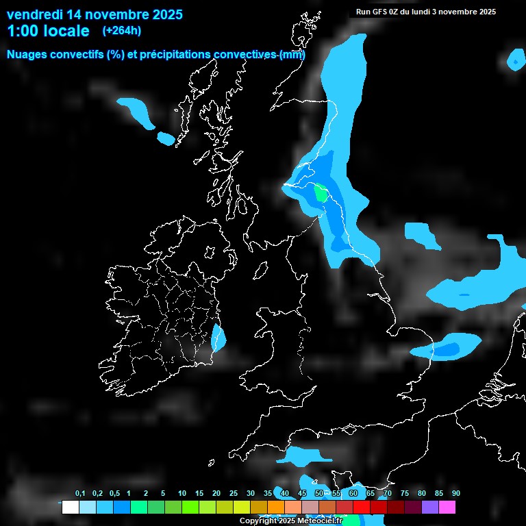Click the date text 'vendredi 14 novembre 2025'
click(x=95, y=14)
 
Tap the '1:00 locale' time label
click(x=48, y=31)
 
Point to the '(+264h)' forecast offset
click(x=122, y=31)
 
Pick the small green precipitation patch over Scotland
click(x=321, y=193)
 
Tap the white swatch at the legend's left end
click(x=70, y=508)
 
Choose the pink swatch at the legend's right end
click(x=447, y=508)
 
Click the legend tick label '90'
click(x=455, y=494)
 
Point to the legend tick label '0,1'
click(x=79, y=494)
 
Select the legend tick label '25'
click(x=234, y=494)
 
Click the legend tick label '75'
click(x=404, y=494)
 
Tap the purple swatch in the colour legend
click(x=430, y=508)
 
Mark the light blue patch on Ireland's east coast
click(x=218, y=338)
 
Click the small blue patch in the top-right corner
click(x=515, y=60)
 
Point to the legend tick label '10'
click(x=181, y=494)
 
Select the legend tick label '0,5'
click(x=114, y=494)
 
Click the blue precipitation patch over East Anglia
click(x=449, y=349)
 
